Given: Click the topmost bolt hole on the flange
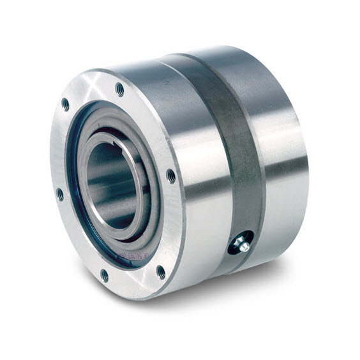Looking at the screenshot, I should (119, 90).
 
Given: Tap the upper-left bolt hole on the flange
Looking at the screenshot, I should (65, 104).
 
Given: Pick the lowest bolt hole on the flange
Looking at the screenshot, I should (104, 275).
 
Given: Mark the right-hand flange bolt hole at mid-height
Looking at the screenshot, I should (171, 176).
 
